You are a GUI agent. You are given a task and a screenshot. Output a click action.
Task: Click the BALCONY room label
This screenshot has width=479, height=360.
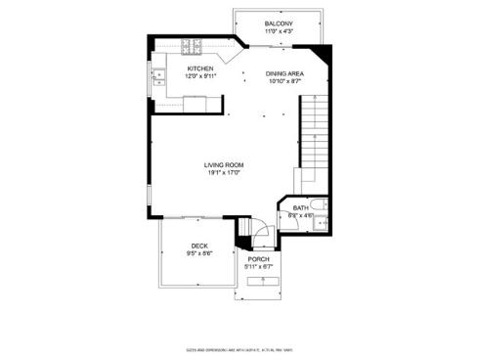(x=279, y=23)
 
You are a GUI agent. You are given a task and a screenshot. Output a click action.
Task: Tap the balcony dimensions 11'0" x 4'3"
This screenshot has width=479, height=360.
(x=279, y=31)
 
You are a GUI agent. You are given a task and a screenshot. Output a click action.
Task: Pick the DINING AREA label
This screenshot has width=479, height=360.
(x=284, y=73)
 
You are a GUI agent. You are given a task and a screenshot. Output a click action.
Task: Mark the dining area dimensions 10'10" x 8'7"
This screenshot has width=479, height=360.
(x=284, y=81)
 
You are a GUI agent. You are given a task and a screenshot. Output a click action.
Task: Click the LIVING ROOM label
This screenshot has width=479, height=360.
(x=224, y=165)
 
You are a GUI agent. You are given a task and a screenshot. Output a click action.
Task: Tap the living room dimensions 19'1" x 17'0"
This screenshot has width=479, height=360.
(x=224, y=173)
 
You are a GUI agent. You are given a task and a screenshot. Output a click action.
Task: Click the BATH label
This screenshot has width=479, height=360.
(x=301, y=207)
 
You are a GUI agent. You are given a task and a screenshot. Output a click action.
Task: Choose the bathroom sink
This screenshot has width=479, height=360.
(x=317, y=225)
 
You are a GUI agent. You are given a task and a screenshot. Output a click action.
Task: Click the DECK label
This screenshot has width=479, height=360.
(x=199, y=246)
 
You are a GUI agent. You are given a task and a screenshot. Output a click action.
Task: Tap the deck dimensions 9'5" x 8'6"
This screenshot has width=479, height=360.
(x=199, y=253)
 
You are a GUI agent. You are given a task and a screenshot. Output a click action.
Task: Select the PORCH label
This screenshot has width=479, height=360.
(x=258, y=259)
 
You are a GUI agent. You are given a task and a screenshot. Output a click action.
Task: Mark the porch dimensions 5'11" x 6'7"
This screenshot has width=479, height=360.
(x=258, y=267)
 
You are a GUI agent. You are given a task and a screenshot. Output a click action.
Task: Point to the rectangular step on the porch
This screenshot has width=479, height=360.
(x=261, y=281)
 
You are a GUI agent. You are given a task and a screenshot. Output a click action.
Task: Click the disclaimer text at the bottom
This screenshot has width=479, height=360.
(x=239, y=345)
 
